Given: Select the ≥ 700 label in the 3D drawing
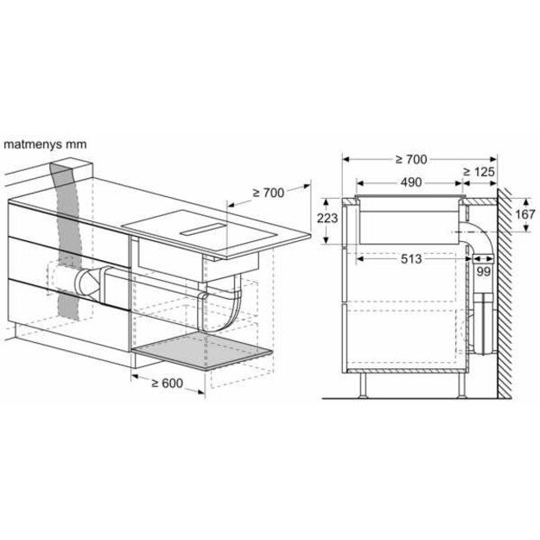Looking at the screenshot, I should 268,192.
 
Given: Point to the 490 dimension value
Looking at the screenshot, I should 410,182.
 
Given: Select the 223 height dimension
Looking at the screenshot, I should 327,219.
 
